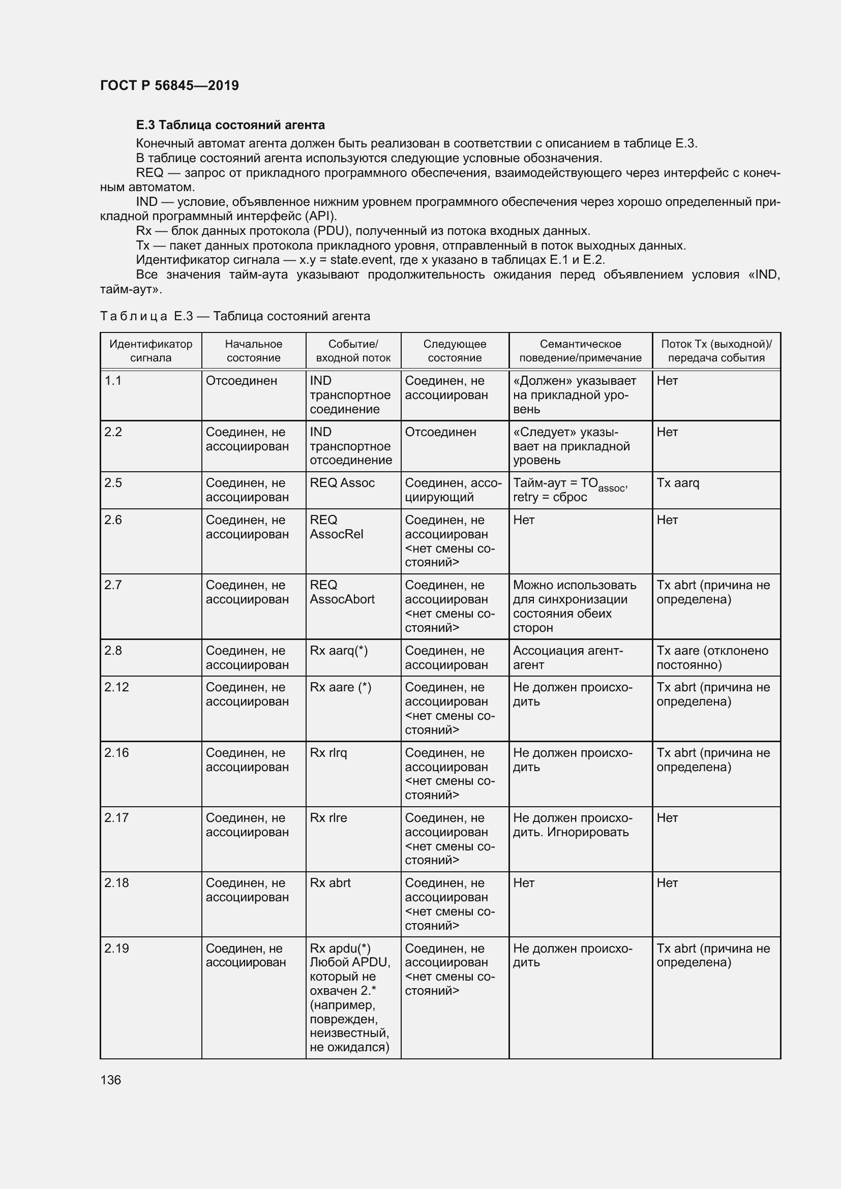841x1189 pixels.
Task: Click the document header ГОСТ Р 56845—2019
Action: tap(169, 85)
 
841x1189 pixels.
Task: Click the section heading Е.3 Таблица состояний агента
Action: tap(230, 125)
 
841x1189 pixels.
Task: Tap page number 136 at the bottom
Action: tap(110, 1080)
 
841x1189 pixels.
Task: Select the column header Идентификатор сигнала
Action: tap(151, 351)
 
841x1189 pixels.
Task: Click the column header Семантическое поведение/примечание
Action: tap(580, 351)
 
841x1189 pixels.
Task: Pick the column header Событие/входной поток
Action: tap(353, 351)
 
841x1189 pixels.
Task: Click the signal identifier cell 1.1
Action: tap(113, 381)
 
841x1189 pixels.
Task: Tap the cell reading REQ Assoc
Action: tap(342, 482)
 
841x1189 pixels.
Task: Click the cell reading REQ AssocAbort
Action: tap(342, 592)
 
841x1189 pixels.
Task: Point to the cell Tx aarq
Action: tap(677, 482)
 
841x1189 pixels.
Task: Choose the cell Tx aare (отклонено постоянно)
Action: tap(712, 658)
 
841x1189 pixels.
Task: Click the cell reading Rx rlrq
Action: tap(328, 752)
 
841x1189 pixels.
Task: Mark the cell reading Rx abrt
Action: tap(330, 883)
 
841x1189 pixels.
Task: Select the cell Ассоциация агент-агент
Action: tap(567, 658)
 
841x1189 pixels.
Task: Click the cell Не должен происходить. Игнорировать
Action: tap(572, 825)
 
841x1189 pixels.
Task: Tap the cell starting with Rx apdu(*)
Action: tap(349, 997)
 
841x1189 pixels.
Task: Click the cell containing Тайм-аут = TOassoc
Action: tap(569, 490)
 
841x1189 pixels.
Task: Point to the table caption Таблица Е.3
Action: tap(234, 316)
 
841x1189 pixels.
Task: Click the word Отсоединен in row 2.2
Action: tap(440, 432)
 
